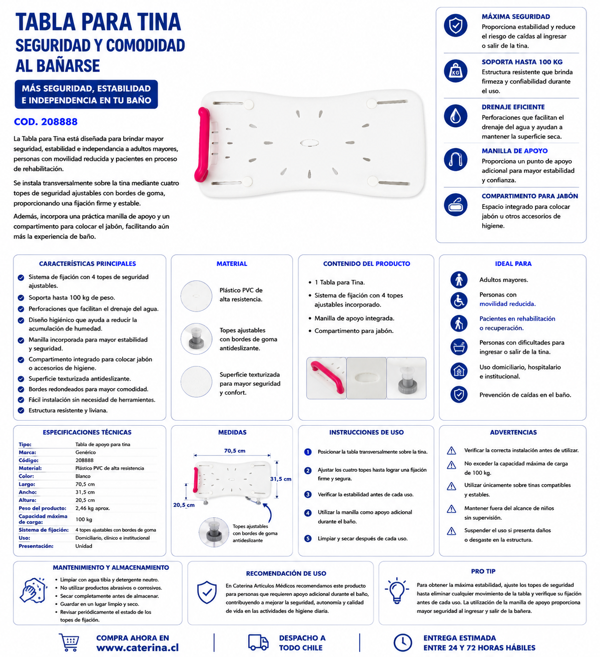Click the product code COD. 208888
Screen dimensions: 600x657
tap(46, 122)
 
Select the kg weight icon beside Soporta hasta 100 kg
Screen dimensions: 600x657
tap(455, 71)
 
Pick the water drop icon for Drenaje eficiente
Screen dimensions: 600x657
tap(455, 116)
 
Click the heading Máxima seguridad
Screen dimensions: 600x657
tap(515, 17)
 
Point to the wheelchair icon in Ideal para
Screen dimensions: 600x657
tap(458, 300)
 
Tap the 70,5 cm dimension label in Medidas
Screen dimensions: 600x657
tap(235, 451)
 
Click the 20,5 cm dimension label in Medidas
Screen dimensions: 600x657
tap(184, 505)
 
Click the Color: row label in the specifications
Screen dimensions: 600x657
tap(26, 476)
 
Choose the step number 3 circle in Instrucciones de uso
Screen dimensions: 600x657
tap(308, 494)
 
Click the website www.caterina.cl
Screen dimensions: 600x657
tap(138, 647)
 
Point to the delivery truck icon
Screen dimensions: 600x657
tap(258, 642)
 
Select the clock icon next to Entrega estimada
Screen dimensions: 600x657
tap(402, 642)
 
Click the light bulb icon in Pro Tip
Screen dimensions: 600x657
tap(397, 590)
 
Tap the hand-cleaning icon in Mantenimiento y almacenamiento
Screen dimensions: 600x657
tap(33, 590)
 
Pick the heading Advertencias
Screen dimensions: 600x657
tap(513, 432)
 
